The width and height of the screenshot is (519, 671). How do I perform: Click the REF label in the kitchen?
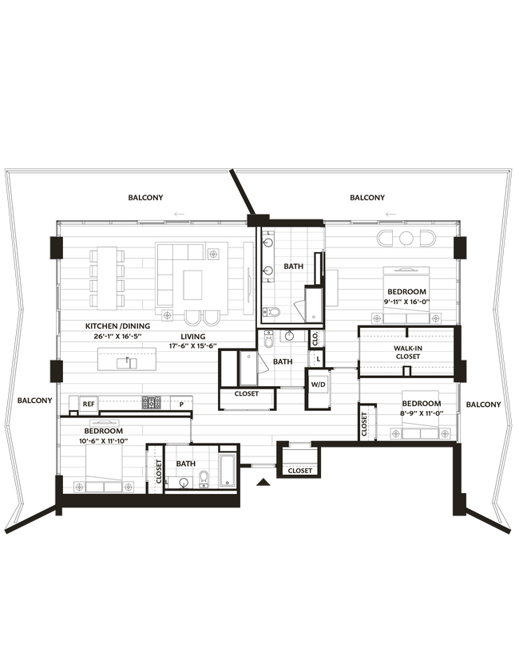[89, 405]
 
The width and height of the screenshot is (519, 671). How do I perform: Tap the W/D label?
[318, 385]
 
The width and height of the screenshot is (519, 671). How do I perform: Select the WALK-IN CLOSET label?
[407, 352]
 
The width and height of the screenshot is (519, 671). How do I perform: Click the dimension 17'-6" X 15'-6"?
[193, 347]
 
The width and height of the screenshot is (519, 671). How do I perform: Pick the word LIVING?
[193, 337]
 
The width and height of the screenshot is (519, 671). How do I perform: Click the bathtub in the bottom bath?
[226, 470]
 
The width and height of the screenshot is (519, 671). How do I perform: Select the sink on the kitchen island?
[126, 362]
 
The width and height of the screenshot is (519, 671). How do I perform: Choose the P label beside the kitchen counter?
[182, 405]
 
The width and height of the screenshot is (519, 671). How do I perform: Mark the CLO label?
[315, 337]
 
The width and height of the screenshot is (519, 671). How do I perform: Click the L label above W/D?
[319, 360]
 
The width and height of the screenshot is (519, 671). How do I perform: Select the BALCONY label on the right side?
[484, 405]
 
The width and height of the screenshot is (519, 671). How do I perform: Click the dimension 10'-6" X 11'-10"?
[103, 441]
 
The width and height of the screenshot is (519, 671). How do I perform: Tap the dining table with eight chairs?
[107, 278]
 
